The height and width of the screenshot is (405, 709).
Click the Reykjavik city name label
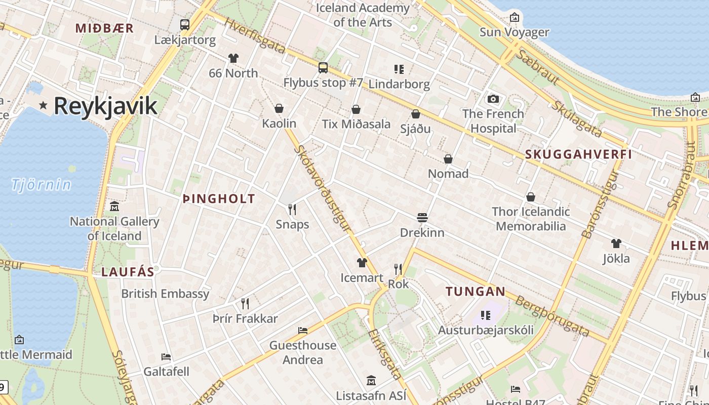[x=105, y=106]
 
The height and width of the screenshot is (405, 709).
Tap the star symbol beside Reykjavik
[x=44, y=105]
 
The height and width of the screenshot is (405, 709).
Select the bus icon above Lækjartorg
[x=185, y=24]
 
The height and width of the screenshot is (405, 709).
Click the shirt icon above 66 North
[x=233, y=58]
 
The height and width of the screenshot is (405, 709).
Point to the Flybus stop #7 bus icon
[x=323, y=67]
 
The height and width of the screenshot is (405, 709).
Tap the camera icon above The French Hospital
[x=493, y=99]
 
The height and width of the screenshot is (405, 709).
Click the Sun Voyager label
[x=514, y=32]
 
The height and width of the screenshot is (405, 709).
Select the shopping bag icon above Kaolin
[x=279, y=108]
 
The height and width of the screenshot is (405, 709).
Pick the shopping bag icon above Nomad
[x=448, y=159]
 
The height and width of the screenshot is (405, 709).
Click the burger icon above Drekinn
[x=422, y=218]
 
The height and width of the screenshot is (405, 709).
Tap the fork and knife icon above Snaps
[x=292, y=209]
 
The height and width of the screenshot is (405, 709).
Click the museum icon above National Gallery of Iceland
[x=114, y=207]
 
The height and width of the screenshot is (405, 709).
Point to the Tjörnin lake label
[x=42, y=185]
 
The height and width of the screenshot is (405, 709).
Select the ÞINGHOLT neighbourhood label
[x=219, y=199]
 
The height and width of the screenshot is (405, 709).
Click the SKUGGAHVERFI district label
[x=578, y=154]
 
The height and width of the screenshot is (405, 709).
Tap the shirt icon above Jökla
[x=616, y=244]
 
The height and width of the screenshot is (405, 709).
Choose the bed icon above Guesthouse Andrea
[x=303, y=331]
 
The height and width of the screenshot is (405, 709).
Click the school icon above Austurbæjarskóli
[x=486, y=315]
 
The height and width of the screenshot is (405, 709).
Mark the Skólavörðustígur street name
[x=323, y=188]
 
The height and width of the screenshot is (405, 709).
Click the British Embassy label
[x=165, y=294]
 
